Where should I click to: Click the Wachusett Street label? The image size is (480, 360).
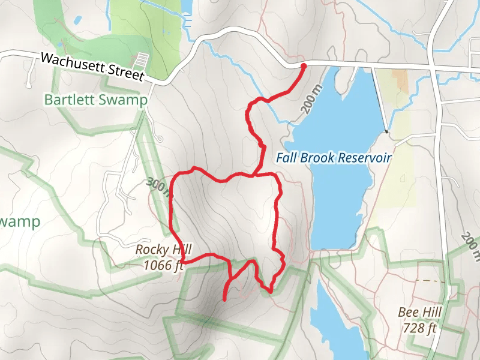coord(92,67)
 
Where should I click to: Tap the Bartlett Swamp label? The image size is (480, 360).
coord(95,100)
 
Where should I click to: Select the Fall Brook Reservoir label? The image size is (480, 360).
coord(334,158)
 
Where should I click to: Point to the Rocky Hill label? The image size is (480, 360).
coord(159,249)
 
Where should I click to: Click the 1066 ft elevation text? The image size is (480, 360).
coord(163,264)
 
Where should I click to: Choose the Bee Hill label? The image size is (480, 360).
coord(420,313)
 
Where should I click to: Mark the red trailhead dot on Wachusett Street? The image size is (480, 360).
coord(303,66)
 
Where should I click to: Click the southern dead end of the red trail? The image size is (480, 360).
coord(224,299)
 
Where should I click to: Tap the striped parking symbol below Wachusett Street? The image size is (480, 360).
coord(142,61)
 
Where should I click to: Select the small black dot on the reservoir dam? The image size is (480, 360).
coord(387,131)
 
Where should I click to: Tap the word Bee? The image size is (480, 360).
coord(407,313)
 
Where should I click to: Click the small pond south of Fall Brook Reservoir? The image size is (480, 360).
coord(339,318)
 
